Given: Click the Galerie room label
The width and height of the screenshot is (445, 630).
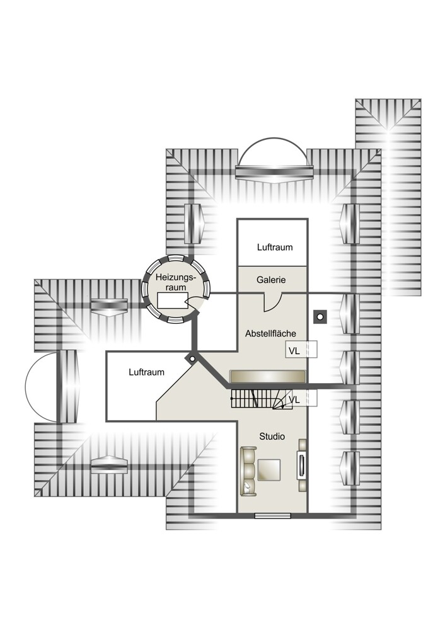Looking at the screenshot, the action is [x=271, y=280].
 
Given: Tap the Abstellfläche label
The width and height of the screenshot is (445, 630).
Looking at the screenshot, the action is [x=270, y=333].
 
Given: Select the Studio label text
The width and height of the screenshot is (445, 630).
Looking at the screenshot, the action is [x=272, y=437].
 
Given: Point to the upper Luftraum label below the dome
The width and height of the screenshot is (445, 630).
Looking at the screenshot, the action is [x=275, y=247].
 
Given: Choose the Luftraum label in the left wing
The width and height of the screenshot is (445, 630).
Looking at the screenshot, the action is [x=146, y=372].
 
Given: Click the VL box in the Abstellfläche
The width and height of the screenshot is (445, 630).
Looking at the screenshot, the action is [x=301, y=350].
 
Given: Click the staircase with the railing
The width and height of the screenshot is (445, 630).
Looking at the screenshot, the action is [x=262, y=399].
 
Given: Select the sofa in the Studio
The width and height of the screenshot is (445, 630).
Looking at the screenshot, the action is [x=248, y=471].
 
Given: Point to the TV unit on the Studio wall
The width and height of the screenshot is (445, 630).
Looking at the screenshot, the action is [x=301, y=465].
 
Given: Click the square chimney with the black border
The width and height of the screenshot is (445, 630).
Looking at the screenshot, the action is [x=320, y=317].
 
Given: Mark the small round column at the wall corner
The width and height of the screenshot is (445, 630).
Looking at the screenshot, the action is [x=192, y=358].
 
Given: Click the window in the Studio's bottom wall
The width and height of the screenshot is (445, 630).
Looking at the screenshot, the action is [x=272, y=515].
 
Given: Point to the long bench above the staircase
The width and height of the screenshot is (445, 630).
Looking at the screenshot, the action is [x=268, y=377].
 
